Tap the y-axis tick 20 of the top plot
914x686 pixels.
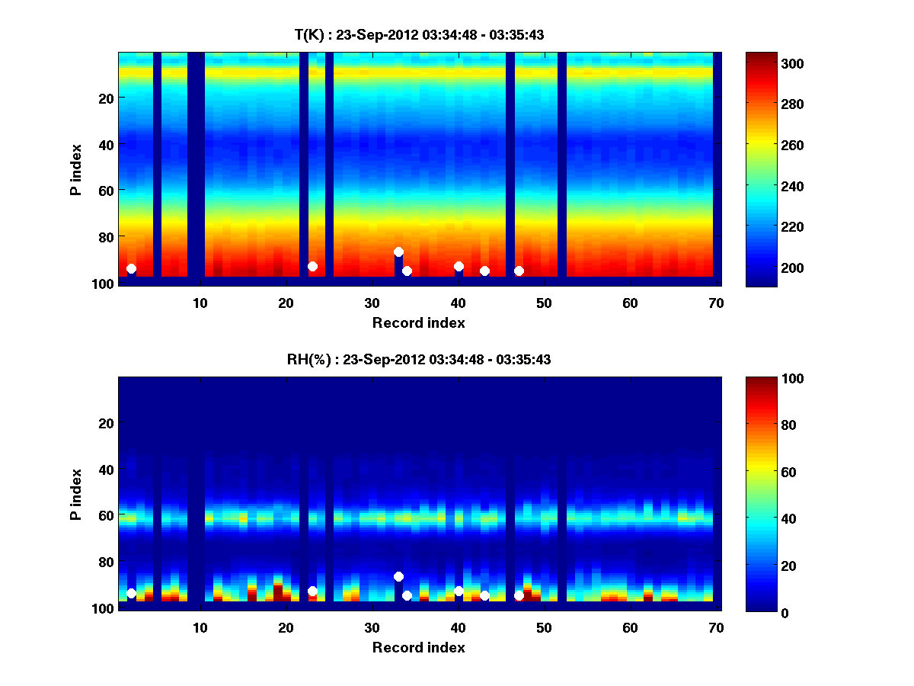105,98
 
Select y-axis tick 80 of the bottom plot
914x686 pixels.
105,562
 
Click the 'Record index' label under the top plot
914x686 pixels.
418,323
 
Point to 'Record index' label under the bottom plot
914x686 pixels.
418,648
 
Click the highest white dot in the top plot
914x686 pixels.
398,252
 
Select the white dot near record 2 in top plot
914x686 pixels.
131,268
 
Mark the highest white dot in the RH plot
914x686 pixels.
398,576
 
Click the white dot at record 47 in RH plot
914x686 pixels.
519,595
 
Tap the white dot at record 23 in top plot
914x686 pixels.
312,266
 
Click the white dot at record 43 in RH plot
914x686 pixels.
484,595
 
